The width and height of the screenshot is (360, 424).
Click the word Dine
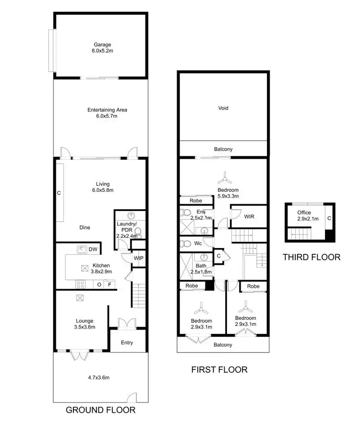tap(85, 228)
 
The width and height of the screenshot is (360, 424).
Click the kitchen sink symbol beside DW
tap(82, 249)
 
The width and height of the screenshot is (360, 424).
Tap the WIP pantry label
tap(139, 259)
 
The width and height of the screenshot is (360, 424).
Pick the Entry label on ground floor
tap(127, 343)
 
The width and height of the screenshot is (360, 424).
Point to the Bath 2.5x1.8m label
tap(201, 269)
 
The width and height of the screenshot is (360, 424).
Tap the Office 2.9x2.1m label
tap(304, 215)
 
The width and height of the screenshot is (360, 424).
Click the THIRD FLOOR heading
tap(311, 257)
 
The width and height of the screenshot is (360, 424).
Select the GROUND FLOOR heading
tap(100, 410)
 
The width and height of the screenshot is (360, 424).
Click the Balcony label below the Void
tap(223, 149)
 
